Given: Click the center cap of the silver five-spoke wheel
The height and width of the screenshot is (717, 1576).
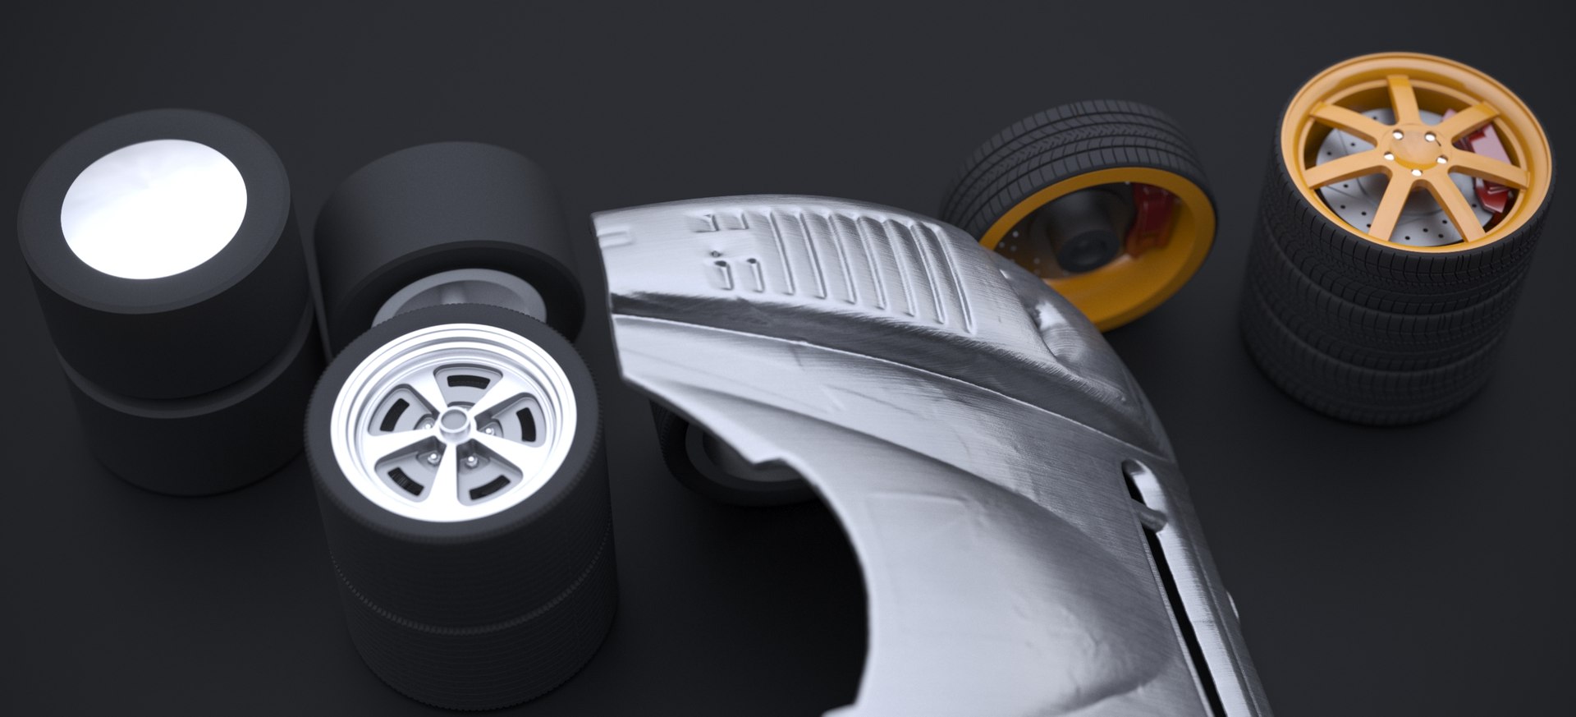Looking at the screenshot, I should (451, 421).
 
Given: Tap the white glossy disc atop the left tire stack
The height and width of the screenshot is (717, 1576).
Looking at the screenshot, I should (153, 208).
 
